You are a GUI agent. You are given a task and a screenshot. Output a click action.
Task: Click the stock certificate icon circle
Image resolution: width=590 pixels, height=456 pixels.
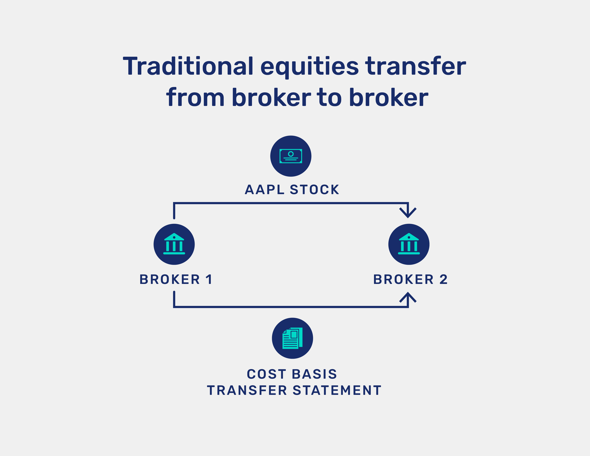[291, 156]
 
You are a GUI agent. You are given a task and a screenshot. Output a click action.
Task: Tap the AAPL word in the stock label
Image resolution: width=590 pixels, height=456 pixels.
[264, 190]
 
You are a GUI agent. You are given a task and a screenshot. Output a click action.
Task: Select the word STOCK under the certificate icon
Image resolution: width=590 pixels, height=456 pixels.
[314, 190]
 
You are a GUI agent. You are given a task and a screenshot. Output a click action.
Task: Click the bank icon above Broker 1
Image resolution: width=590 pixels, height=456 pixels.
[174, 244]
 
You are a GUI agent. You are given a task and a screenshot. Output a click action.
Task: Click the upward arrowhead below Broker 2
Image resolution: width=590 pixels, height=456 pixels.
[408, 297]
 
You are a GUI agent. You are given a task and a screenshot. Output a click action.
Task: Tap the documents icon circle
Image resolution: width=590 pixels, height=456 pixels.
[292, 338]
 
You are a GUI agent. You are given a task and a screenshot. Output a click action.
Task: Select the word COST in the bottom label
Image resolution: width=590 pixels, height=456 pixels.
[266, 374]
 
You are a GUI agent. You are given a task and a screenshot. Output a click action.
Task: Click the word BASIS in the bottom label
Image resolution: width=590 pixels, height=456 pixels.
[314, 374]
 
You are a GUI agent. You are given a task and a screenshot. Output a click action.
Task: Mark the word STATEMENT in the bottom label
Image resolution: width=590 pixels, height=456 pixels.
[337, 390]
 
